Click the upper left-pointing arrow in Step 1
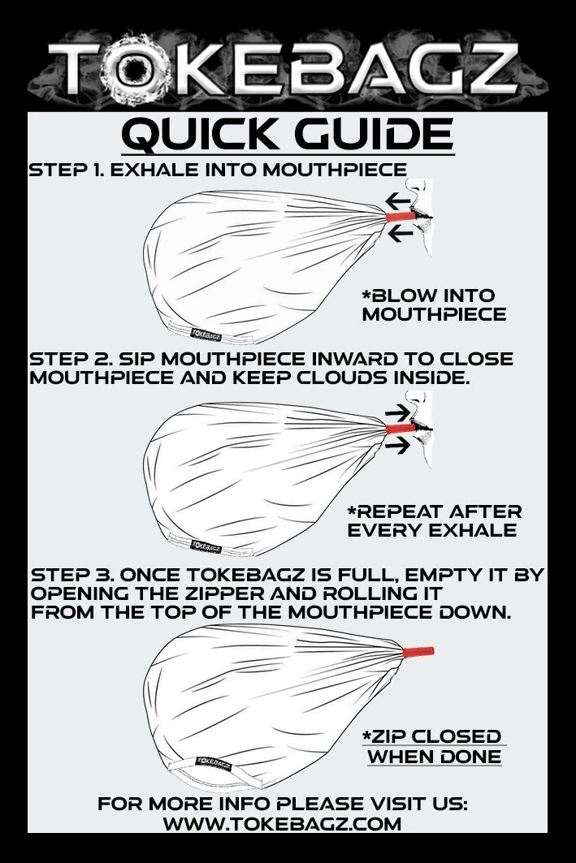pos(397,199)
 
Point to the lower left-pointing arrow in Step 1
pos(400,235)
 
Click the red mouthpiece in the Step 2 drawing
pos(401,428)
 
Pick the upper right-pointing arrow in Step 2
pos(397,412)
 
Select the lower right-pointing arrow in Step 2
pos(397,445)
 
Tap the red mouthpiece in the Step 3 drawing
pos(418,652)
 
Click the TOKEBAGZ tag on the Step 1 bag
pos(206,334)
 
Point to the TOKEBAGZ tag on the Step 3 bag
pos(214,763)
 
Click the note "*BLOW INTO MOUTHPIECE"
pos(433,304)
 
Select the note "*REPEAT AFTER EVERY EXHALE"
pos(434,520)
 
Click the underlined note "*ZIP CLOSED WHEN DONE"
pos(433,746)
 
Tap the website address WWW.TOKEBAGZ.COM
pos(282,824)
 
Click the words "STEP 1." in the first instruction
pos(67,170)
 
